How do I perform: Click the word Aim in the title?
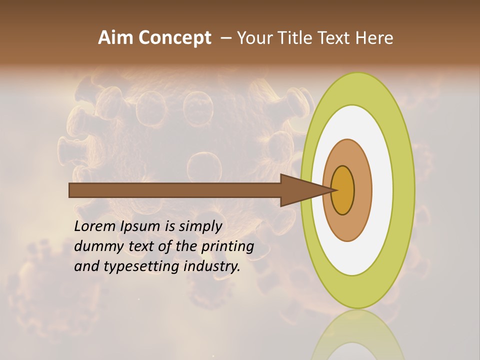[116, 38]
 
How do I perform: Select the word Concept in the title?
[175, 38]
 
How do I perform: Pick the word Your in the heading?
[252, 38]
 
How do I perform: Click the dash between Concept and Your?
[226, 38]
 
